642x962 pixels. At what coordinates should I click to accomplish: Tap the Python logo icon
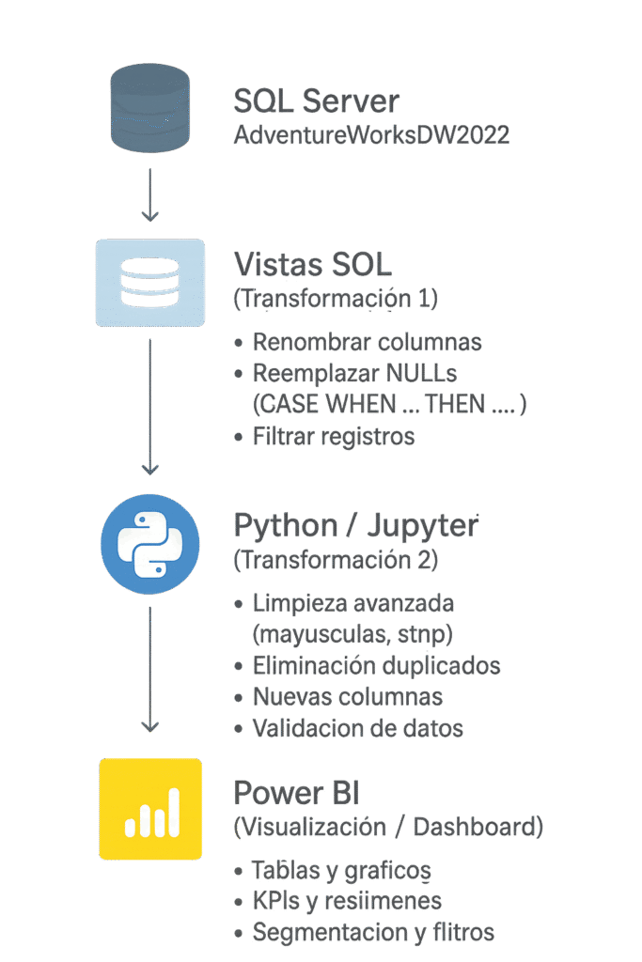[150, 544]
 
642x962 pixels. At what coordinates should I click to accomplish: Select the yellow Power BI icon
[150, 809]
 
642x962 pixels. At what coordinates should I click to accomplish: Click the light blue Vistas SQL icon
[150, 283]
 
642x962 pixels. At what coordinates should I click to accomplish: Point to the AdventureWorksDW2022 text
[371, 135]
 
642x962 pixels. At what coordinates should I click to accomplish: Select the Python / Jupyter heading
[355, 526]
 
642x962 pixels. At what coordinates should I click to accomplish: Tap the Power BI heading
[296, 793]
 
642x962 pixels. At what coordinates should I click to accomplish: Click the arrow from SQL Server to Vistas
[149, 195]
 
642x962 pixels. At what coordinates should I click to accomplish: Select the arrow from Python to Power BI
[149, 669]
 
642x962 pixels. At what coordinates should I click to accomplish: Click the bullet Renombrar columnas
[367, 342]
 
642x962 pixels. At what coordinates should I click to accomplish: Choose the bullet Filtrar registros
[333, 436]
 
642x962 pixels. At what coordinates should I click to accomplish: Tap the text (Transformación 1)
[336, 299]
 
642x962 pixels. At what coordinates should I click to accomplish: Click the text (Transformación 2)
[336, 561]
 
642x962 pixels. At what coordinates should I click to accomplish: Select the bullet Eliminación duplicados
[376, 666]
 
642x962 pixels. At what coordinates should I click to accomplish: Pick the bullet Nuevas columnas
[348, 697]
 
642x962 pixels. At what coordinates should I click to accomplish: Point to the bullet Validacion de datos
[357, 728]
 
